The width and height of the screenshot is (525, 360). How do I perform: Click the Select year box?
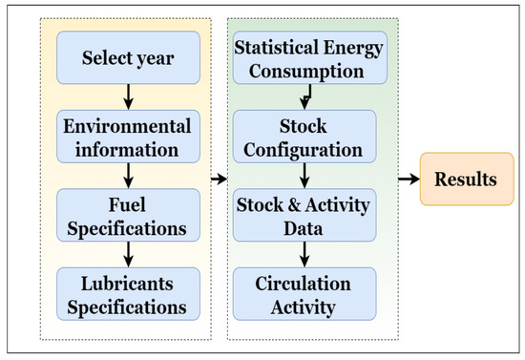click(x=128, y=57)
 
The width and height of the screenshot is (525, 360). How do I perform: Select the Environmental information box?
click(x=128, y=137)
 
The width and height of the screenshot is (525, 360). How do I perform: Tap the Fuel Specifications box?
click(x=128, y=215)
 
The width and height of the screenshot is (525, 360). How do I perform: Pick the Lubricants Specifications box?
click(x=128, y=294)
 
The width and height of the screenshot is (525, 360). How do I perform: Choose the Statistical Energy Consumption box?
click(x=309, y=57)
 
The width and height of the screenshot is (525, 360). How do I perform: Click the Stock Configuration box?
click(x=304, y=137)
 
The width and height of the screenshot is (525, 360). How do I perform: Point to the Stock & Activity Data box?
click(x=304, y=215)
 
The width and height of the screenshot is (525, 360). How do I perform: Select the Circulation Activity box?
click(x=304, y=294)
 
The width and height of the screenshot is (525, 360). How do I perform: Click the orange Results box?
click(x=467, y=179)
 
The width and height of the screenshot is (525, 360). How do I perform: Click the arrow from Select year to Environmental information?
click(x=128, y=97)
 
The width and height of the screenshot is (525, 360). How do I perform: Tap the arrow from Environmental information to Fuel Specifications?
click(x=128, y=176)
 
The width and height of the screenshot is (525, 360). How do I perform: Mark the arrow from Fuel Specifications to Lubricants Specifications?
click(x=128, y=255)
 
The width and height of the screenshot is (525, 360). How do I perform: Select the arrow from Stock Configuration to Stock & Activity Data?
click(x=304, y=176)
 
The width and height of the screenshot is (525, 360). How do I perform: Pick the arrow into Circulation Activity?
click(x=304, y=255)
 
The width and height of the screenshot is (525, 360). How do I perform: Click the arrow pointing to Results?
click(x=409, y=179)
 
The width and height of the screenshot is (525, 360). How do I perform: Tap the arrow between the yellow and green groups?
click(x=220, y=179)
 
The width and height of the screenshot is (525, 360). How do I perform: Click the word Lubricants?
click(x=127, y=284)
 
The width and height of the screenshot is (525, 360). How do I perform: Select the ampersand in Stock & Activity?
click(x=294, y=205)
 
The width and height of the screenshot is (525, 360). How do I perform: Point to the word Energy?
click(x=353, y=49)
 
